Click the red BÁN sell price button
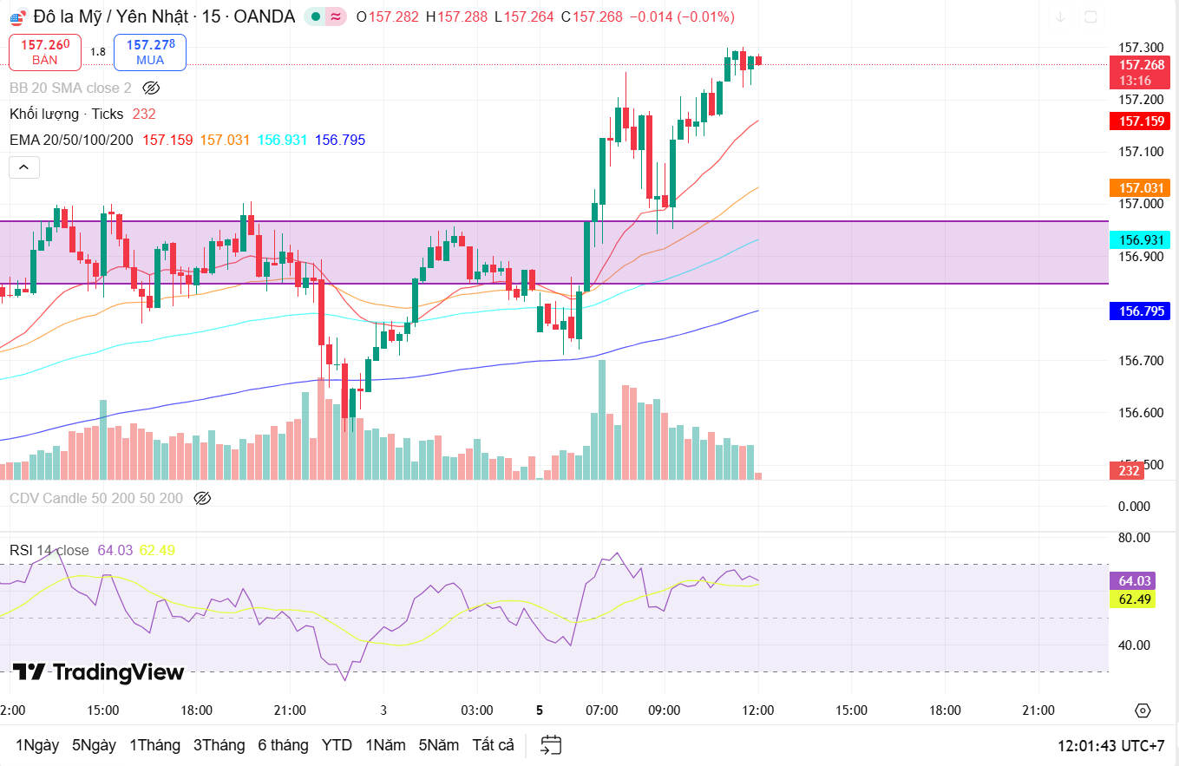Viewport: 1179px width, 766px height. tap(45, 52)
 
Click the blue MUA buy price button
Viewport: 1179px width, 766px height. tap(150, 52)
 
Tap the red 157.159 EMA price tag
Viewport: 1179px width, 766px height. tap(1140, 121)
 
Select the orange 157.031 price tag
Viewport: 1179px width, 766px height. tap(1140, 187)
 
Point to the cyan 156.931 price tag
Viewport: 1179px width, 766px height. tap(1140, 239)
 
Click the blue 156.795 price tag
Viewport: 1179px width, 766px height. tap(1140, 311)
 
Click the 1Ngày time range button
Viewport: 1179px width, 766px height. tap(37, 745)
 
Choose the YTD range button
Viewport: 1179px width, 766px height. tap(337, 745)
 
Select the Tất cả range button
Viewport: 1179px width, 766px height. tap(493, 745)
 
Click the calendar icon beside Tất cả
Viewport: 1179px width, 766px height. tap(551, 745)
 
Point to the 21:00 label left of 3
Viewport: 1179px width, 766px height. tap(290, 710)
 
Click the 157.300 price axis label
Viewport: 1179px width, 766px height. tap(1140, 48)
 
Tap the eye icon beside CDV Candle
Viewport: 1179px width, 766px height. tap(202, 498)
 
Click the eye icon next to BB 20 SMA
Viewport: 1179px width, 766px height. tap(151, 88)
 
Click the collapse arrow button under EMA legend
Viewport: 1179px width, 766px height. tap(24, 167)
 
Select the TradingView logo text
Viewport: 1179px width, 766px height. tap(99, 672)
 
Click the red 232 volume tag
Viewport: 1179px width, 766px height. tap(1129, 470)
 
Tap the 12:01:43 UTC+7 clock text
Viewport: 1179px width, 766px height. tap(1110, 746)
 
